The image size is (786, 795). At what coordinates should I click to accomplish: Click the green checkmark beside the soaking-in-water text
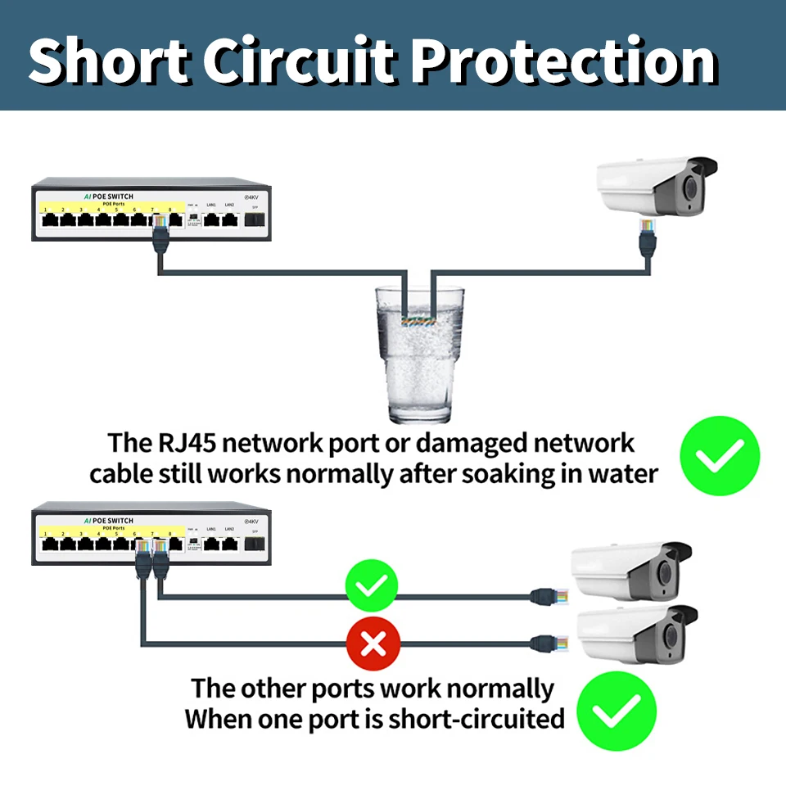coord(720,455)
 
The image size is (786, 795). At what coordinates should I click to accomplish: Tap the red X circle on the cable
coord(373,644)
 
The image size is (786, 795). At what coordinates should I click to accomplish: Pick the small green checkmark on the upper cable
coord(373,586)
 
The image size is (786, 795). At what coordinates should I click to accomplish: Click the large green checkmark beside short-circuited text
coord(617,711)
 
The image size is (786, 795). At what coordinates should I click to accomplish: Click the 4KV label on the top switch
coord(251,197)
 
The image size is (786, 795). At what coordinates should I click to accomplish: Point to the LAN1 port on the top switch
coord(211,219)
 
